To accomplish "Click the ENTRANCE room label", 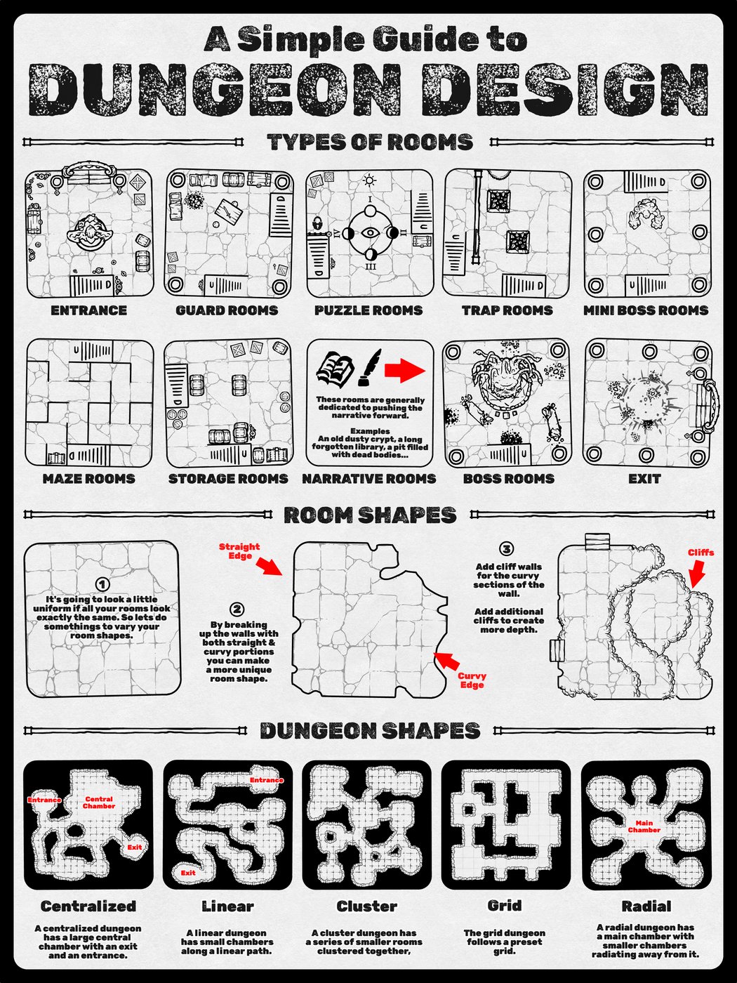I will click(88, 310).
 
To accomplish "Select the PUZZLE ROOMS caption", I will click(368, 310).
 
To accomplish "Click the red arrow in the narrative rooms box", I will click(405, 370).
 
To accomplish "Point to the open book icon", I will click(336, 369).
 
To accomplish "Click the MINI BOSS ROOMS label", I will click(646, 310).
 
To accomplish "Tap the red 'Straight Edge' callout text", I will click(239, 551).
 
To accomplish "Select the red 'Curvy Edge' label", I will click(472, 680).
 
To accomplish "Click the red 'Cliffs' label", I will click(701, 553).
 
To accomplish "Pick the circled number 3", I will click(506, 549).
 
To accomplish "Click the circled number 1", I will click(102, 584).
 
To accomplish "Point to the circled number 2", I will click(237, 609).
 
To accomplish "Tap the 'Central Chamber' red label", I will click(99, 803).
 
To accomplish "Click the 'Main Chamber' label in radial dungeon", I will click(644, 826).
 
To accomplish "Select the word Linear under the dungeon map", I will click(227, 906).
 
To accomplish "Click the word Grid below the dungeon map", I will click(505, 905).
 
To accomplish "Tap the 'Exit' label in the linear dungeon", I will click(188, 873).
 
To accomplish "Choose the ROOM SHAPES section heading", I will click(370, 515).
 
